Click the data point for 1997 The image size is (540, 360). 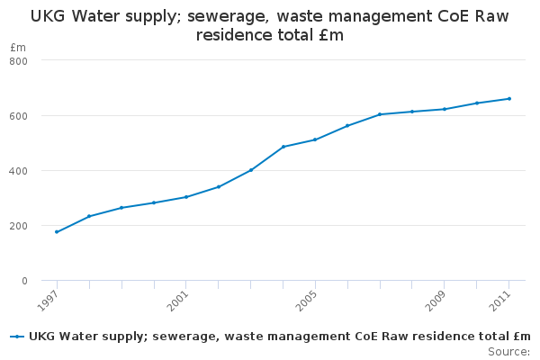tap(57, 232)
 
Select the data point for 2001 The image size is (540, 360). tap(186, 197)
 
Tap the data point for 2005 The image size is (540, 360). tap(315, 139)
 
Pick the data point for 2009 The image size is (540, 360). tap(445, 109)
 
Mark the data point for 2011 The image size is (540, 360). tap(509, 99)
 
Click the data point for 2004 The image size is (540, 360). tap(283, 147)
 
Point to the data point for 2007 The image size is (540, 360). tap(380, 114)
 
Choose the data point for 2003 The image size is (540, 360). tap(251, 170)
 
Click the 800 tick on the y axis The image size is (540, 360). tap(19, 60)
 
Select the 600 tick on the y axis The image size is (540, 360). tap(19, 115)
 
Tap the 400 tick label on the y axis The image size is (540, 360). tap(19, 171)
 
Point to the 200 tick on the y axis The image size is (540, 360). tap(19, 226)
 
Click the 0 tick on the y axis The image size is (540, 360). tap(24, 281)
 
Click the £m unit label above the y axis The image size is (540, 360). tap(18, 47)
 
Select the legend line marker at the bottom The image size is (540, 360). tap(16, 337)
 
